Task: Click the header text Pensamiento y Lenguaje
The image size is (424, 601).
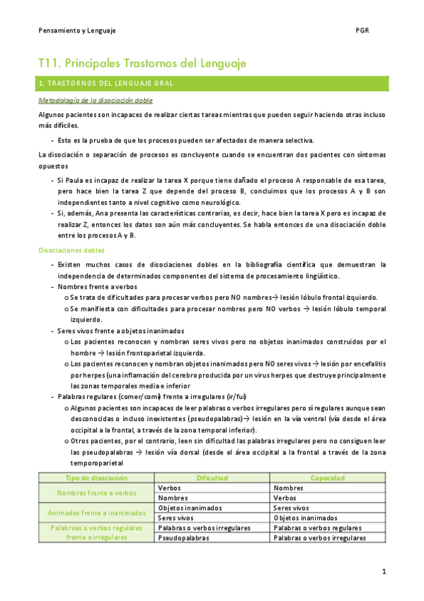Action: (77, 31)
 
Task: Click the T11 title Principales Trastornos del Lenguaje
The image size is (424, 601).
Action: (142, 64)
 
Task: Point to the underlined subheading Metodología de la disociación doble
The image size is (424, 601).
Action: (95, 101)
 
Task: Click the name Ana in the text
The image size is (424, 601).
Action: (108, 213)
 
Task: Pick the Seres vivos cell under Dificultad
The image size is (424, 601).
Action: (178, 517)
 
